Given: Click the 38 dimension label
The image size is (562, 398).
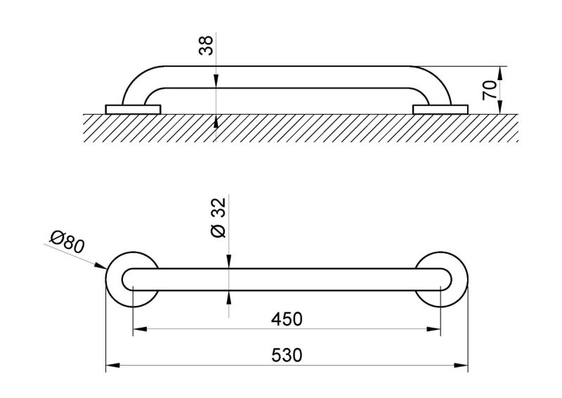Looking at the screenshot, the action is point(206,46).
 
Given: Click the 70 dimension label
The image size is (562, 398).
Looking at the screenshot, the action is point(489,90).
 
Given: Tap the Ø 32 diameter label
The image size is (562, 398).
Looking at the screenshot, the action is point(218,218).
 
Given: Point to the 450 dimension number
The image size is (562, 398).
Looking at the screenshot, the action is point(287,319).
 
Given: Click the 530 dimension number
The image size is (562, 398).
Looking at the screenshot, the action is point(287,355).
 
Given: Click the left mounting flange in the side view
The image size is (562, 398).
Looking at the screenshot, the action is point(133,110).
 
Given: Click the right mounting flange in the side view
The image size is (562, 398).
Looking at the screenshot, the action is point(440,110).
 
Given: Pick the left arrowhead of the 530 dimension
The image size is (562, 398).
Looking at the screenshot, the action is point(112,366).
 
